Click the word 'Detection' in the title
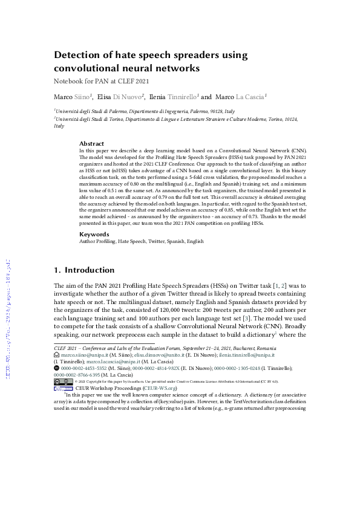pos(77,55)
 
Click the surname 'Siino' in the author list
pos(81,96)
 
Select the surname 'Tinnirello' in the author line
pos(181,96)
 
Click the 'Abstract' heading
pos(91,143)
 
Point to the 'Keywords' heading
pos(94,234)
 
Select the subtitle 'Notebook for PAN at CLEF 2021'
pos(101,80)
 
